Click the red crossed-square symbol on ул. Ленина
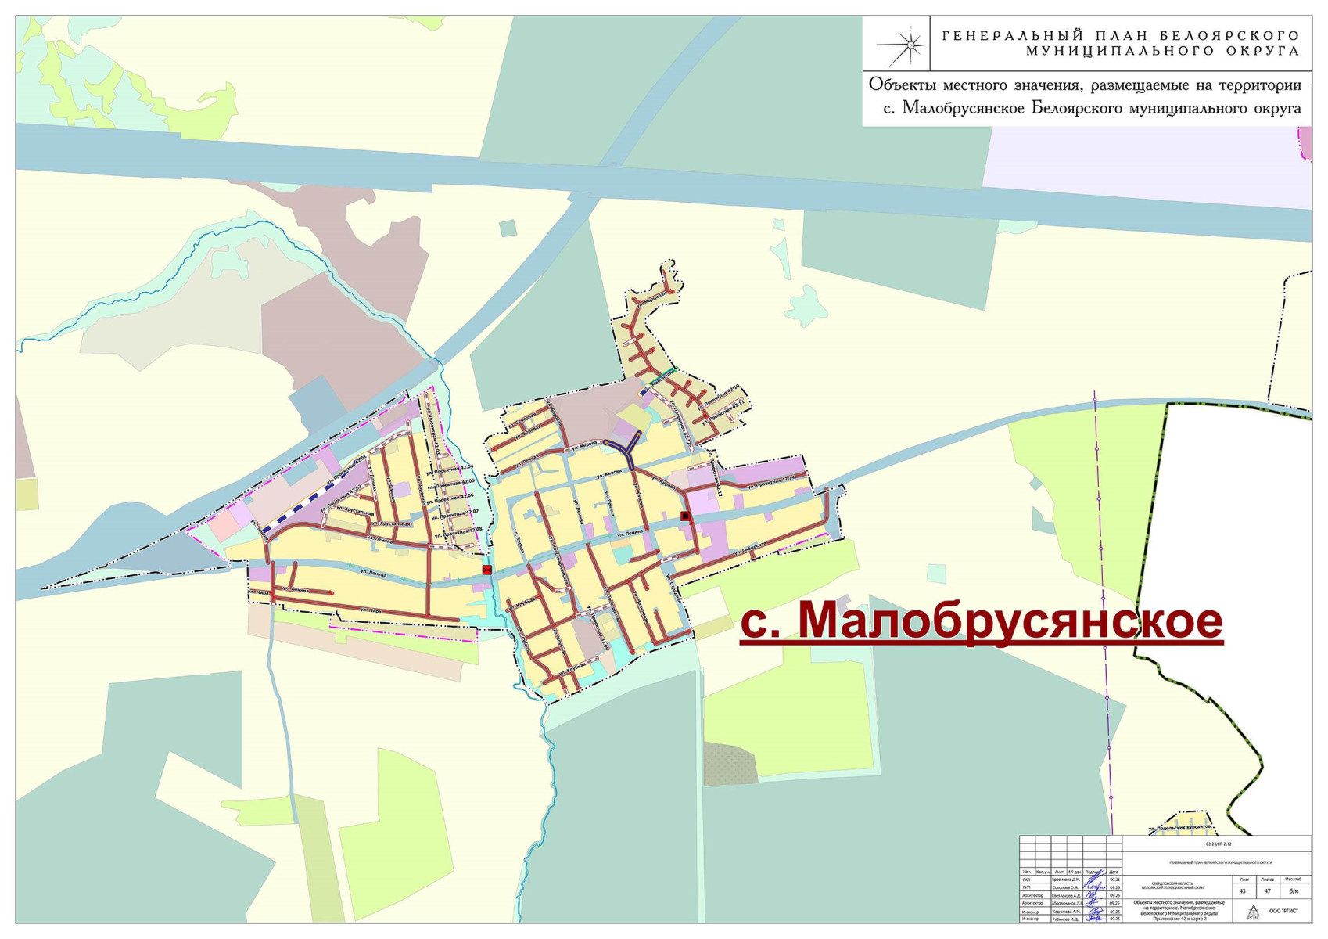[487, 570]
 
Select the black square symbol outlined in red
[685, 516]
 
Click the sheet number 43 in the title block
[1242, 891]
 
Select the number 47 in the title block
[1267, 891]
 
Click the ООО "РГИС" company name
[1283, 911]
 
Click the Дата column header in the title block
[1114, 871]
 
